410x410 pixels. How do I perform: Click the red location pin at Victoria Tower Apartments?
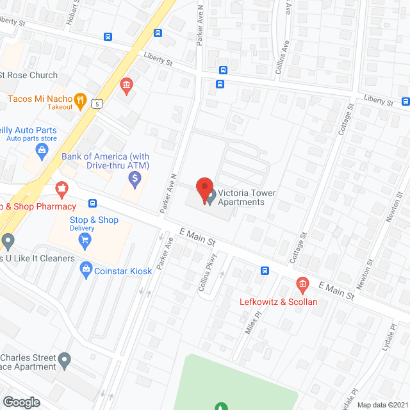point(204,190)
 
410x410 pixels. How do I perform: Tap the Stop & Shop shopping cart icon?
point(85,241)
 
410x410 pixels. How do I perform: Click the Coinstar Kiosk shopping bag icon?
point(86,271)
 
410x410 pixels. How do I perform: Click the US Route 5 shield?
point(97,103)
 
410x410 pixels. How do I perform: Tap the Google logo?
point(21,402)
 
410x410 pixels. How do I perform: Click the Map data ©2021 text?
point(382,405)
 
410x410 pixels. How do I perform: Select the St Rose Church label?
point(29,76)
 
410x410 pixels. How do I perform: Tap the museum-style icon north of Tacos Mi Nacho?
point(126,85)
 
